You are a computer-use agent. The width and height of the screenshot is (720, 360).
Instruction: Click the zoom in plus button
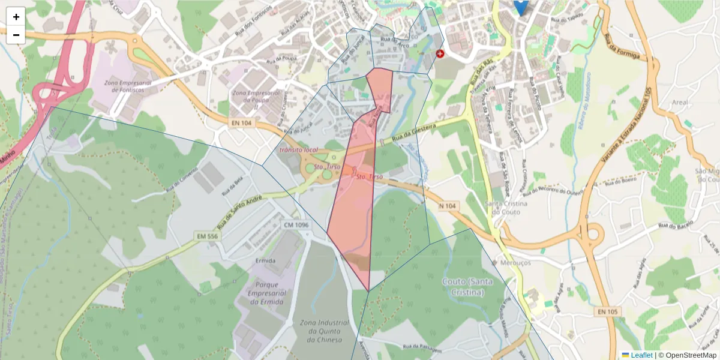[x=16, y=16]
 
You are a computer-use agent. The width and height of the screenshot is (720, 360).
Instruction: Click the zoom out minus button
[x=16, y=35]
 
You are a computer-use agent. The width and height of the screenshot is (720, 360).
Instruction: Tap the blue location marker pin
[x=521, y=6]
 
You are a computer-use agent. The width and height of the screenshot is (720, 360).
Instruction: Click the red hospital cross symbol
[x=440, y=54]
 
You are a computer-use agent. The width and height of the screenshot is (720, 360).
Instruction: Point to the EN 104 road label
[x=241, y=123]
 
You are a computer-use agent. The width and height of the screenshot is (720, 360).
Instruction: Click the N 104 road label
[x=448, y=206]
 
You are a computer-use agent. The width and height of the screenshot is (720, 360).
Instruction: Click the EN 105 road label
[x=607, y=311]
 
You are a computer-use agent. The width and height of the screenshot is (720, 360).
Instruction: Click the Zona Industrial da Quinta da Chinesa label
[x=320, y=331]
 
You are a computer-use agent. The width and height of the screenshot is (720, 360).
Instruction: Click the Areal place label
[x=680, y=103]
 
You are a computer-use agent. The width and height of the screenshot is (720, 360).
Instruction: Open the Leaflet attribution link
[x=641, y=355]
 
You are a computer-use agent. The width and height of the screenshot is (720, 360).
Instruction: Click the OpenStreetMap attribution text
[x=688, y=355]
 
